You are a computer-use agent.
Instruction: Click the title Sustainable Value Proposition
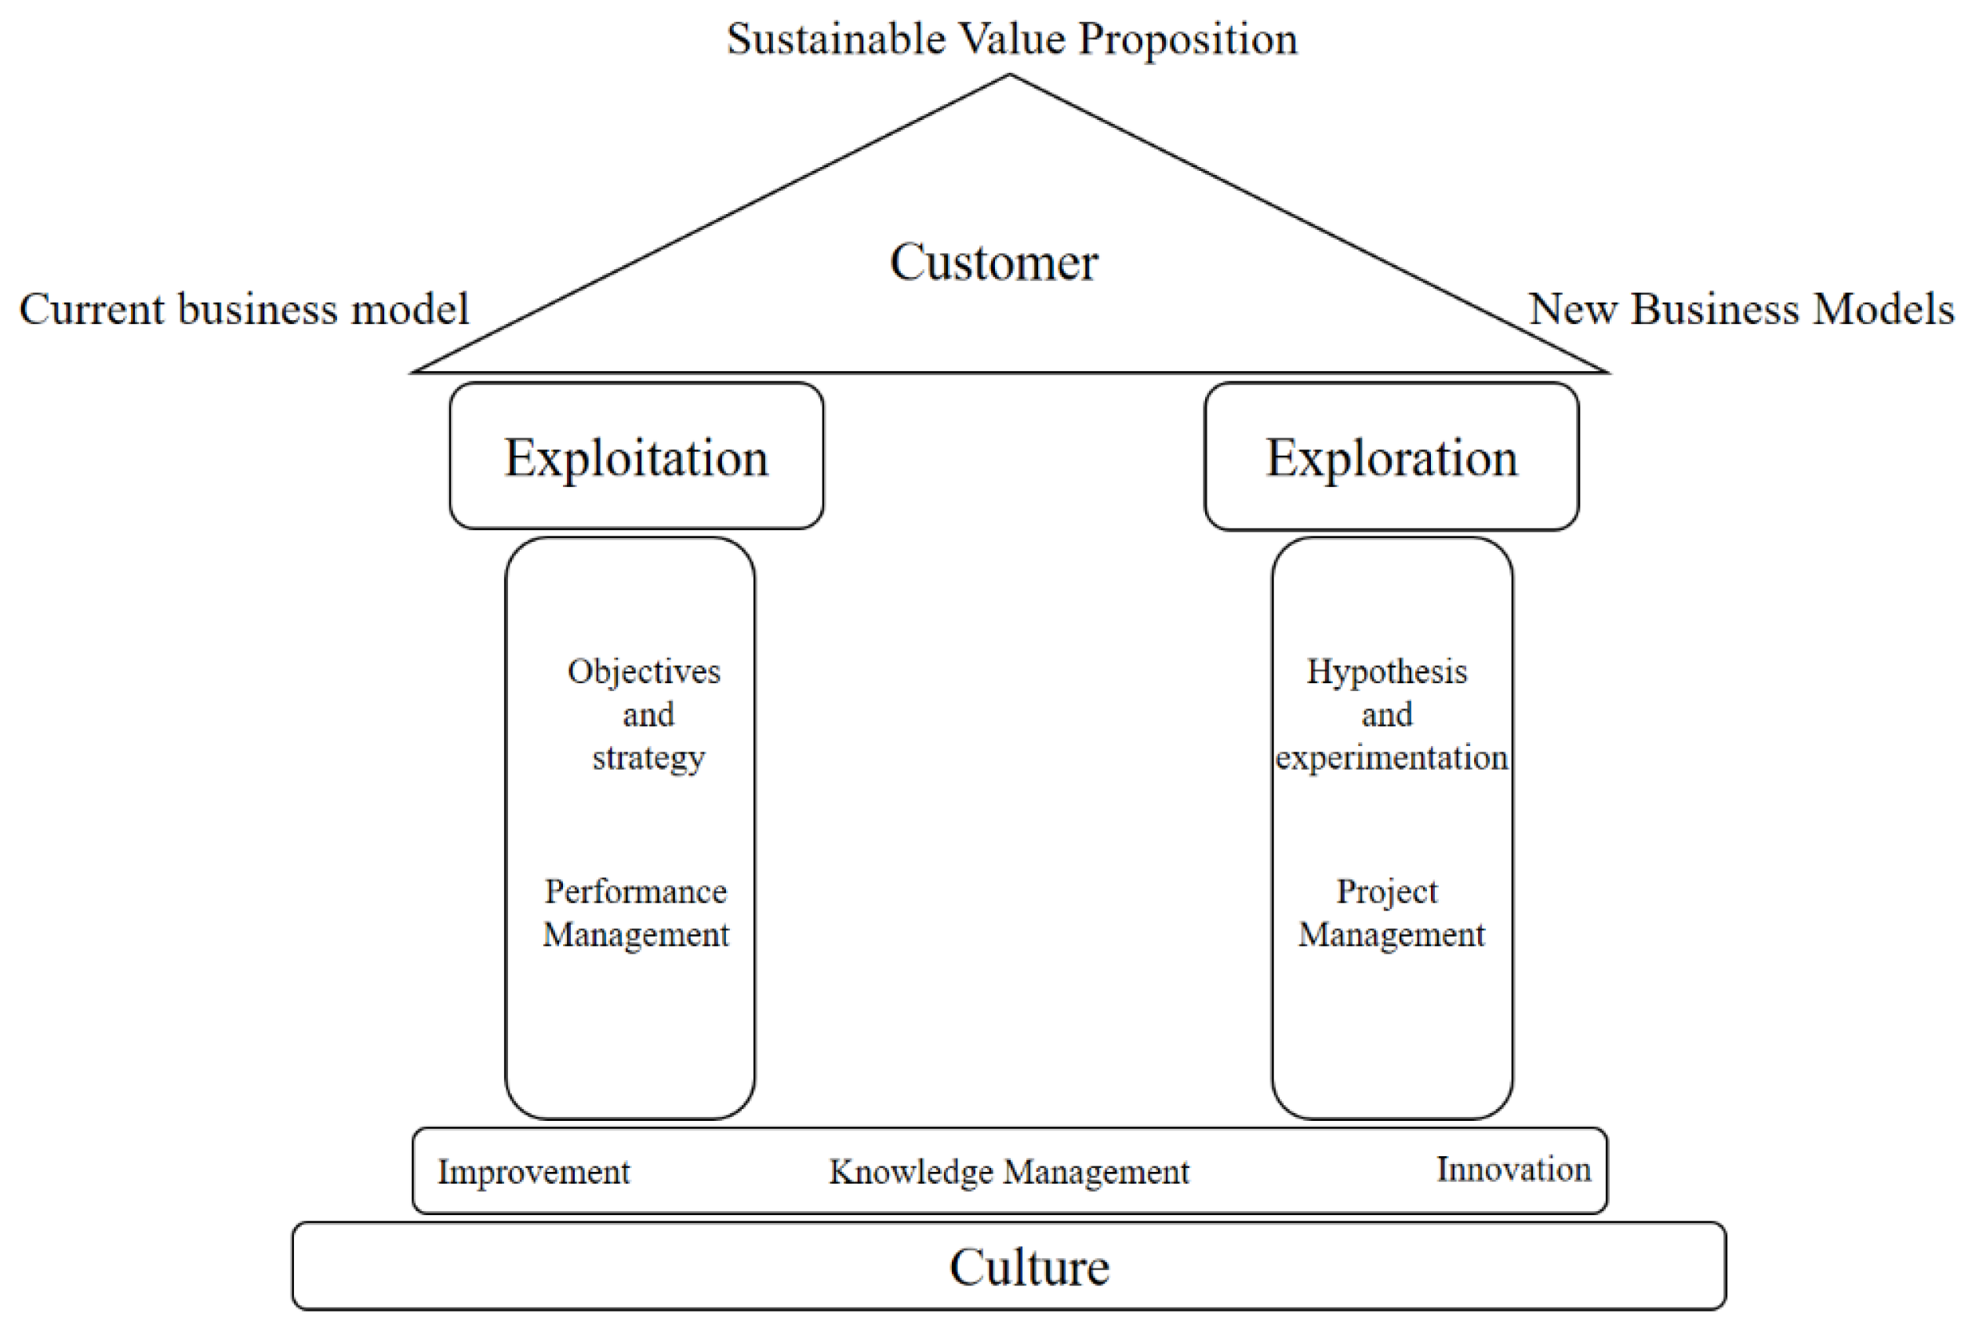tap(1011, 39)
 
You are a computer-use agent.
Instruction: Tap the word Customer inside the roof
tap(993, 262)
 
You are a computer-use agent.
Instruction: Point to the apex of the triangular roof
tap(1009, 76)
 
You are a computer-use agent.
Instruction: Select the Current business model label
tap(244, 309)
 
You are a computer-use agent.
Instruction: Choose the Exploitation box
tap(636, 457)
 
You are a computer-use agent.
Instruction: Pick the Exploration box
tap(1390, 457)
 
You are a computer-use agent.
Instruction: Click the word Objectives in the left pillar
tap(644, 671)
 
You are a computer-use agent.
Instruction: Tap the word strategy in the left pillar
tap(648, 757)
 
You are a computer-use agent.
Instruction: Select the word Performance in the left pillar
tap(635, 891)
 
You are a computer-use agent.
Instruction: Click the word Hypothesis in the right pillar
tap(1386, 671)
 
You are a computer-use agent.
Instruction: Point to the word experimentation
tap(1391, 757)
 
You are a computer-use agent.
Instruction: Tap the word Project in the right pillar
tap(1386, 891)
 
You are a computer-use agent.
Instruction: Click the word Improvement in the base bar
tap(533, 1173)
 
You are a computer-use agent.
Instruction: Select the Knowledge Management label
tap(1008, 1173)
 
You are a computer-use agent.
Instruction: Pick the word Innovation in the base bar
tap(1513, 1169)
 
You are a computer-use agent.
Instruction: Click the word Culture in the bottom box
tap(1029, 1268)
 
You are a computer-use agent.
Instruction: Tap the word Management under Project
tap(1391, 934)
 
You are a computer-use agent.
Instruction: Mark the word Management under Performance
tap(635, 934)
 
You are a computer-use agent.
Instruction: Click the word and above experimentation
tap(1386, 715)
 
